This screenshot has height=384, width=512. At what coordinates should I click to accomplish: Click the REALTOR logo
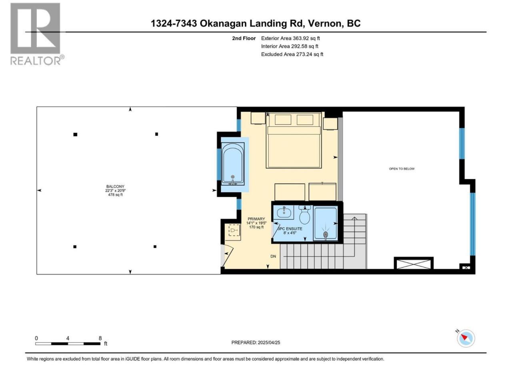(37, 34)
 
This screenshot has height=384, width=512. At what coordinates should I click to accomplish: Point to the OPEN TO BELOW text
(402, 169)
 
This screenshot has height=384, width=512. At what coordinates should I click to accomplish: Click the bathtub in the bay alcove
(233, 164)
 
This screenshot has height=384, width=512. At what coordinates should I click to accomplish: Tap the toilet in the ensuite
(304, 215)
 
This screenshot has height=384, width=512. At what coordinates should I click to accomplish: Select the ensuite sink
(284, 212)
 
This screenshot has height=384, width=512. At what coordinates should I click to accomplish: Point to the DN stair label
(273, 256)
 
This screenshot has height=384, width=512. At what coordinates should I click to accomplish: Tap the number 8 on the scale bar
(100, 338)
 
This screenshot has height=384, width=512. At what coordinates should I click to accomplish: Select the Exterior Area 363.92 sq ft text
(290, 38)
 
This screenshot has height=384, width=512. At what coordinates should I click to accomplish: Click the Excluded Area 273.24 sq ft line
(292, 54)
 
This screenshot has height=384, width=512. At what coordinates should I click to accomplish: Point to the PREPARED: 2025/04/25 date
(256, 342)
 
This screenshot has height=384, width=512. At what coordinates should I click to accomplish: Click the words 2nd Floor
(244, 38)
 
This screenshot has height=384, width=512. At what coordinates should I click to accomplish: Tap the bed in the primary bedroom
(294, 140)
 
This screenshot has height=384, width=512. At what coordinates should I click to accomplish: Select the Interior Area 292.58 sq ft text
(290, 46)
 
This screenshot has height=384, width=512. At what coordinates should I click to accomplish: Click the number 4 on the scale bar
(68, 338)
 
